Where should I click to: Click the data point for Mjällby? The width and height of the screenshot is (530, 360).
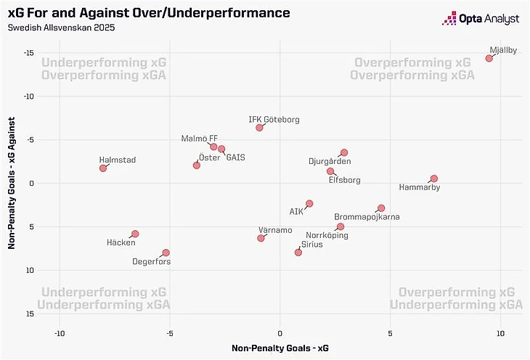489,58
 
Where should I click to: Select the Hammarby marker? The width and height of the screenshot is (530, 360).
434,179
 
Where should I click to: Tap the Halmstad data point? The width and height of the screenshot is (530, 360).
103,168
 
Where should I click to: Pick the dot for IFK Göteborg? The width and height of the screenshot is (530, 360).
259,128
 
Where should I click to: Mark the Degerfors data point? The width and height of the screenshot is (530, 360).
166,253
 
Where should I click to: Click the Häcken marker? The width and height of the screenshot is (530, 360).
135,234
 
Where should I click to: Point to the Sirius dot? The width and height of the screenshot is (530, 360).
298,253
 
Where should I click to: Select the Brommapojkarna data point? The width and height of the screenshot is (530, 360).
381,208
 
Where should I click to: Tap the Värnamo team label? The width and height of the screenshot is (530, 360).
275,230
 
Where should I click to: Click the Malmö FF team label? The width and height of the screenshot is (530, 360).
200,138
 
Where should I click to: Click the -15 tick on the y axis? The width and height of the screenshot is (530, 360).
30,53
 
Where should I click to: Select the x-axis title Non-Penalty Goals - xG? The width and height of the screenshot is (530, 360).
280,349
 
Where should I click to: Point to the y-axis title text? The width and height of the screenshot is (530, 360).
12,184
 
